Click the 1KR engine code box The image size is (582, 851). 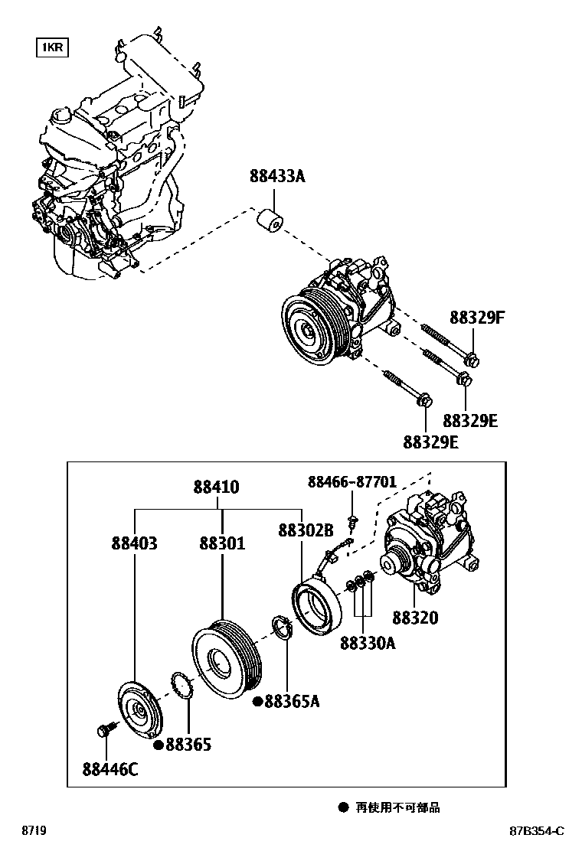(x=52, y=47)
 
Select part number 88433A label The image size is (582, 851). (x=277, y=176)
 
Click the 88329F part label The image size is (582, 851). (x=477, y=318)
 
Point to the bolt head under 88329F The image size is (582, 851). (x=472, y=359)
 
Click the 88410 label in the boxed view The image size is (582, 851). (x=216, y=487)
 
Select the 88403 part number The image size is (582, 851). (x=134, y=543)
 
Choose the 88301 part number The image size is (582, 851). (x=222, y=543)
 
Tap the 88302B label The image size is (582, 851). (x=306, y=530)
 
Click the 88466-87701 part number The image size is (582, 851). (x=352, y=481)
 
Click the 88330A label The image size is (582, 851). (x=368, y=643)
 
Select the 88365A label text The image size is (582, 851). (x=292, y=701)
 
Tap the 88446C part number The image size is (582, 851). (x=110, y=769)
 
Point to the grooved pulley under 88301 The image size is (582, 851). (x=227, y=659)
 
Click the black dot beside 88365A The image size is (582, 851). (x=258, y=702)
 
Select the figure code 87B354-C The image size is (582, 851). (x=536, y=830)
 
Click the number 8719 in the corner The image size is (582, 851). (x=34, y=830)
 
